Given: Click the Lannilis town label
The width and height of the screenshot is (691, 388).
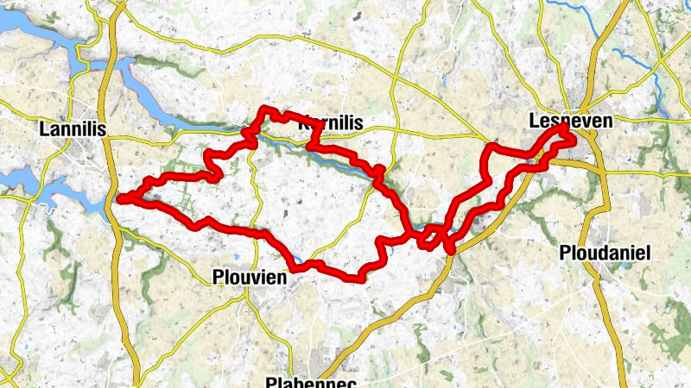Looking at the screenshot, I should point(72,128).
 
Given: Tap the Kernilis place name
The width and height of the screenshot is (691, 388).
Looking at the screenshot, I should point(329,122).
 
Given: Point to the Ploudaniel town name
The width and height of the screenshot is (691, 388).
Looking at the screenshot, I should point(604,253).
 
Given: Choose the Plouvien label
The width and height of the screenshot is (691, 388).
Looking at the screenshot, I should point(248,278).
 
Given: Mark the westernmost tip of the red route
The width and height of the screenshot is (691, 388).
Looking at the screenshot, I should point(118,199).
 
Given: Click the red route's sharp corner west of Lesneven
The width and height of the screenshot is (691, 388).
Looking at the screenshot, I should point(491,148).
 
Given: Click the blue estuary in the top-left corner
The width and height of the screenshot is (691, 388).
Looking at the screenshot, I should point(26,34).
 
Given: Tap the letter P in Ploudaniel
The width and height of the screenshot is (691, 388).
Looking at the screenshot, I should point(565,253).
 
